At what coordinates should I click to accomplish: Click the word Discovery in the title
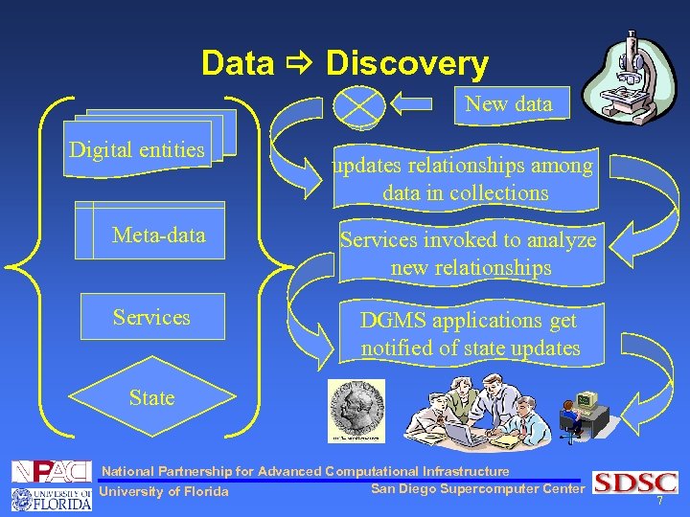tap(407, 64)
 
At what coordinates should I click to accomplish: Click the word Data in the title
tap(237, 64)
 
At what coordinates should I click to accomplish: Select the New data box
tap(509, 104)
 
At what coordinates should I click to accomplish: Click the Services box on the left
tap(151, 317)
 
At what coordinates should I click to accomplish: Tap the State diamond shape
tap(151, 397)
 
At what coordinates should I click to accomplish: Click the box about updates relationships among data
tap(465, 179)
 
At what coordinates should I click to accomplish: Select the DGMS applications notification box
tap(470, 334)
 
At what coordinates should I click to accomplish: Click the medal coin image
tap(356, 411)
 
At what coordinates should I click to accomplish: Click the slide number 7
tap(659, 503)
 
